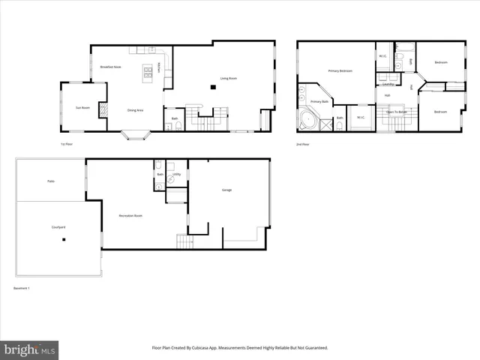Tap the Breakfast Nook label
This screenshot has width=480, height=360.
[x=111, y=67]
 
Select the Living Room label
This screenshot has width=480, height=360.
[x=229, y=77]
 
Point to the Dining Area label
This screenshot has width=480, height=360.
[x=135, y=110]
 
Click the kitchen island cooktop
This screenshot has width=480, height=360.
[x=148, y=70]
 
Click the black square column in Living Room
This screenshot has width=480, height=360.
[x=214, y=88]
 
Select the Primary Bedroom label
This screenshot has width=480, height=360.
[x=340, y=71]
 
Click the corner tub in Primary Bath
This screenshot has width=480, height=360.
[x=307, y=120]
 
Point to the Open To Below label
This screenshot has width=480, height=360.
[x=396, y=112]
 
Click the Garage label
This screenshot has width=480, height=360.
[x=226, y=190]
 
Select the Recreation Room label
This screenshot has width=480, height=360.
[x=131, y=215]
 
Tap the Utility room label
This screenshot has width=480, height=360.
[x=176, y=174]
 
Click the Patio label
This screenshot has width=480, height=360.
[x=51, y=181]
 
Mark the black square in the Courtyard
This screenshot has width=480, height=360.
[x=64, y=240]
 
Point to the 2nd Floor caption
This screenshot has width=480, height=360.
[x=303, y=143]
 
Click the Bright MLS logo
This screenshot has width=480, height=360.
[x=30, y=349]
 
